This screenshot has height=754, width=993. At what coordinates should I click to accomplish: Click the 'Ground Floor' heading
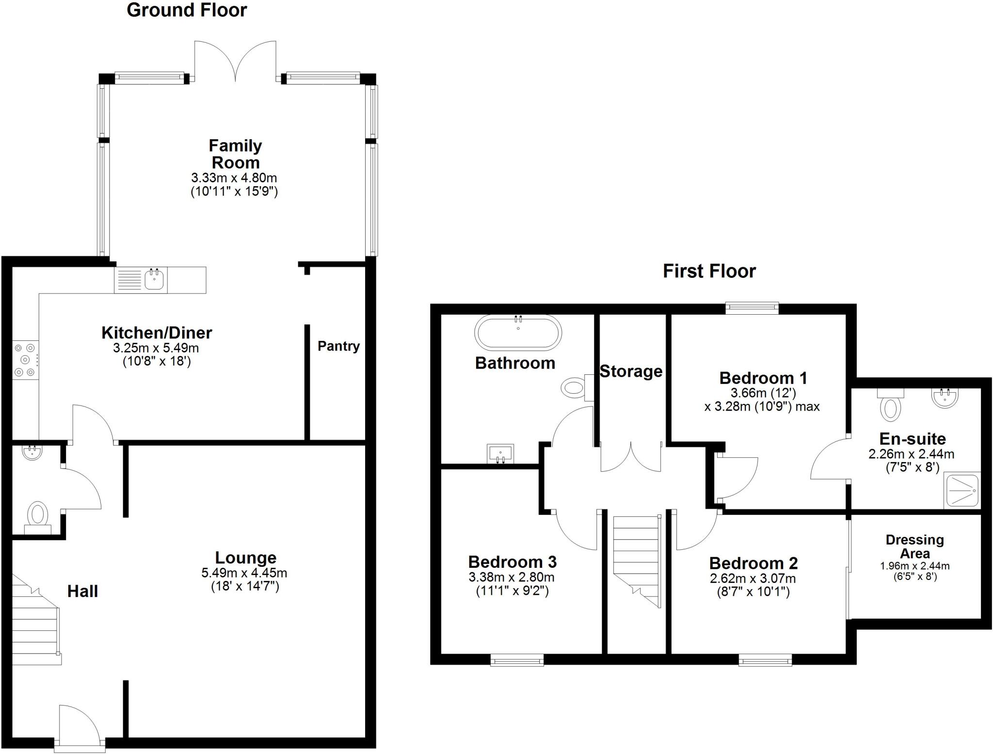coord(187,10)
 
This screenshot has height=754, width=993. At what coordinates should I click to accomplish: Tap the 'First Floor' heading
coord(709,271)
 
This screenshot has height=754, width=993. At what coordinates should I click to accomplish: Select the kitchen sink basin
coord(154,280)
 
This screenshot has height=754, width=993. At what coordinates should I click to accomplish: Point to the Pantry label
coord(338,346)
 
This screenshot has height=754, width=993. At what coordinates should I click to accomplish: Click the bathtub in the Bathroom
coord(518,333)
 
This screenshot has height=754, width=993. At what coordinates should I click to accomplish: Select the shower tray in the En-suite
coord(962,490)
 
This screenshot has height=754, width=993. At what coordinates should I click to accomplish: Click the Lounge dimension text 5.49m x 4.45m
coord(244,573)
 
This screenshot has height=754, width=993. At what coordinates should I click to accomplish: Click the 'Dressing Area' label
coord(914,546)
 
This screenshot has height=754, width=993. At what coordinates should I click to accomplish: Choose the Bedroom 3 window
coord(517,660)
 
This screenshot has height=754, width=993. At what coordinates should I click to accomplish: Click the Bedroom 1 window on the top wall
coord(752,306)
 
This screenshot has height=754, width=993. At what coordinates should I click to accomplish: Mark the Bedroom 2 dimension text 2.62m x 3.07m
coord(753,578)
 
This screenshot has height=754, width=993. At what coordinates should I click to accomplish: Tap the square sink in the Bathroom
coord(501,454)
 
